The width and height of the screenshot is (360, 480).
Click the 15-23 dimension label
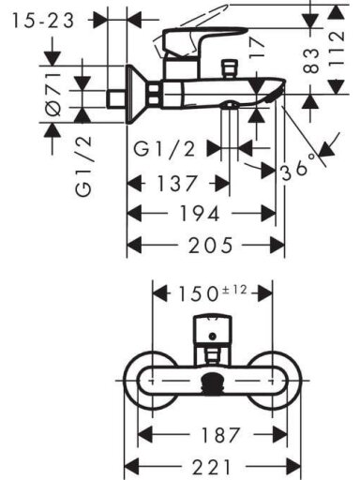[43, 21]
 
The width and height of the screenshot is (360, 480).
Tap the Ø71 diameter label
[52, 95]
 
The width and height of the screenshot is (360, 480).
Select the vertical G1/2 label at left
[83, 166]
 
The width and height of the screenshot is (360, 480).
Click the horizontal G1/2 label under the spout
[164, 148]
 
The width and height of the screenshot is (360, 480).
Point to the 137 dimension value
[177, 183]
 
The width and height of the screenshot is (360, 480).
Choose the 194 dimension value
[200, 214]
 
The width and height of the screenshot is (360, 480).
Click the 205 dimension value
[211, 245]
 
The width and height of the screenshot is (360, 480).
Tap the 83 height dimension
[311, 61]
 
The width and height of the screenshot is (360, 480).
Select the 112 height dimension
[337, 48]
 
